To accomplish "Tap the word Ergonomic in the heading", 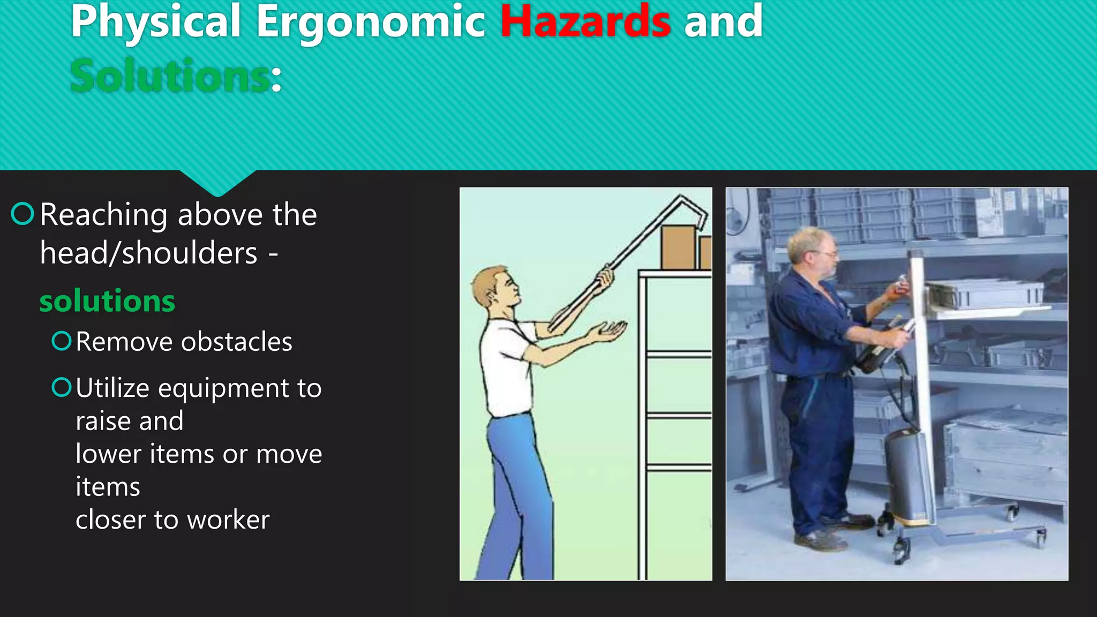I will pos(370,22).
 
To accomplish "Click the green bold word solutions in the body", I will pos(107,301).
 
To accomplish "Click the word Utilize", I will pos(112,388).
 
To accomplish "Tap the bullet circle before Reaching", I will pos(22,214).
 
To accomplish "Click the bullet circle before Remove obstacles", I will pos(62,341).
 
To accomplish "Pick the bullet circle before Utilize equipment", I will pos(62,387).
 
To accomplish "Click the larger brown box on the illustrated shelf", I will pos(678,247).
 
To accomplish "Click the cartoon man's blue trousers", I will pos(517,493).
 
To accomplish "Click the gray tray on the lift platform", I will pos(986,295).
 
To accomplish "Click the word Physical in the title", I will pos(156,22).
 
